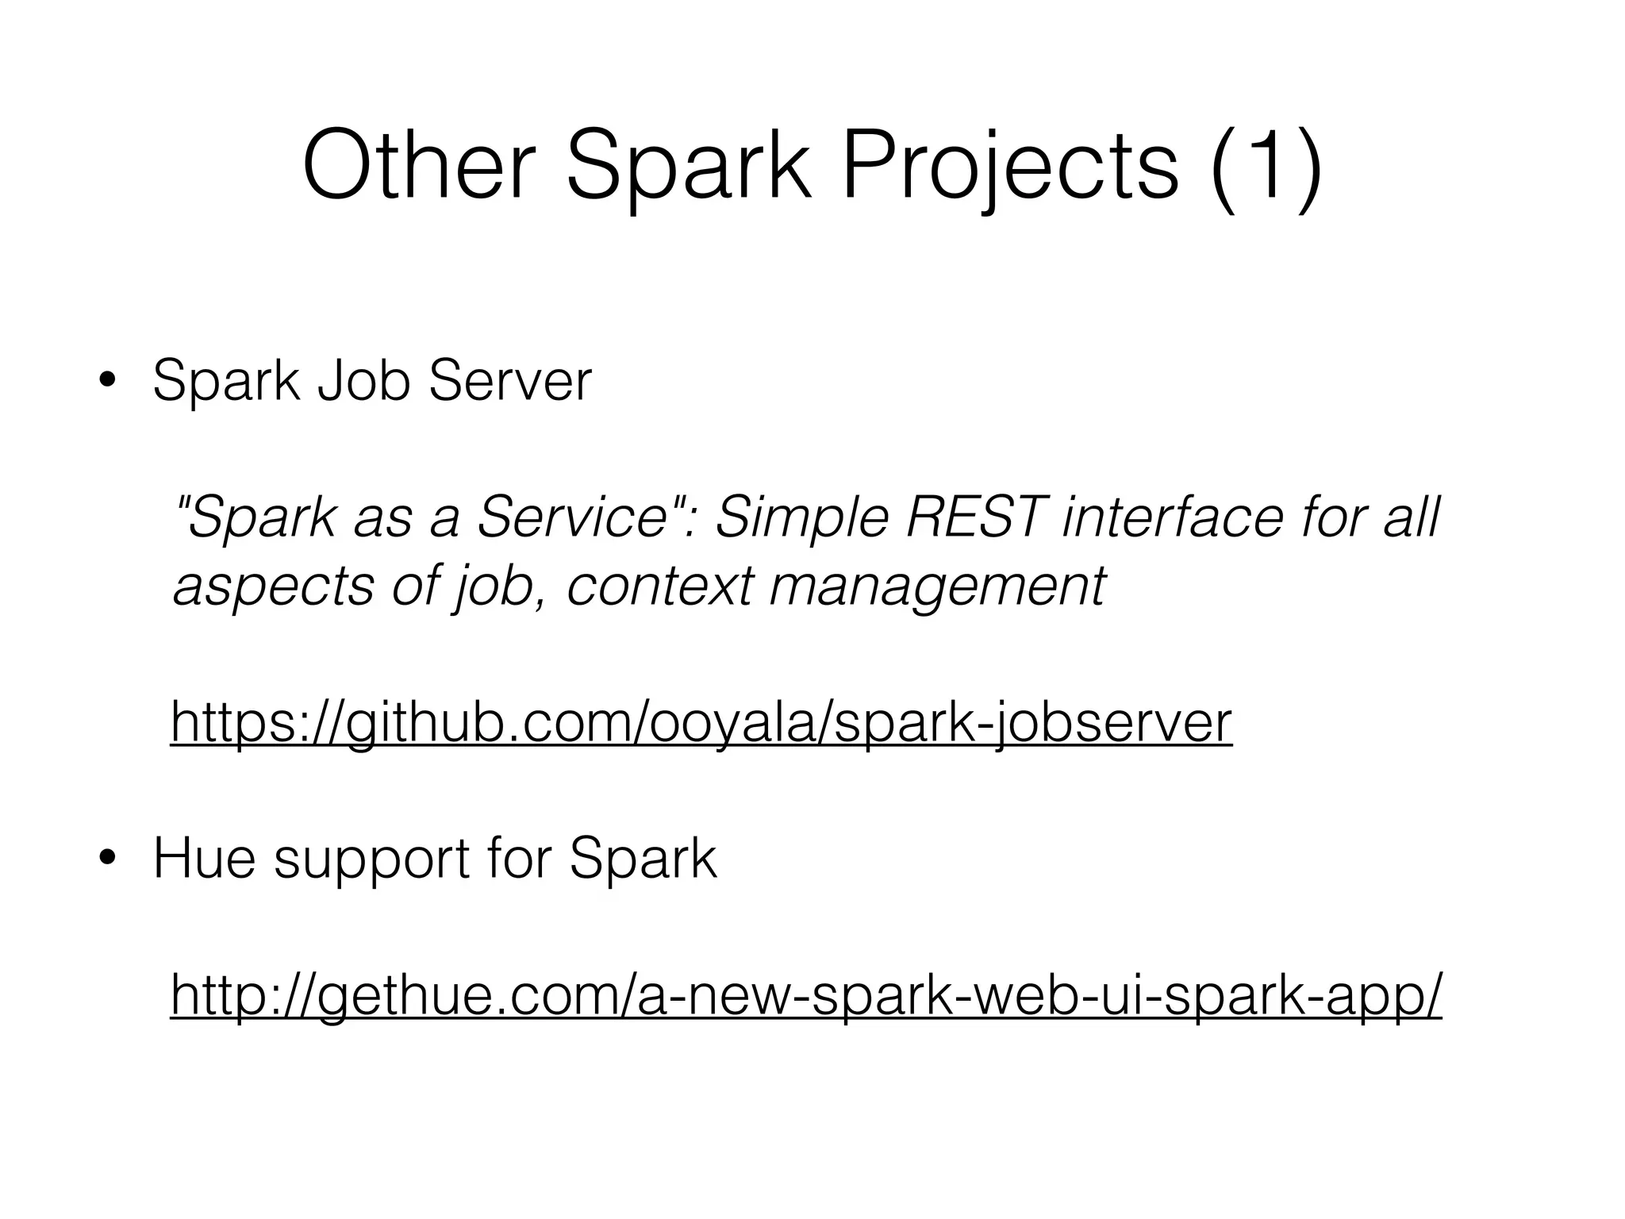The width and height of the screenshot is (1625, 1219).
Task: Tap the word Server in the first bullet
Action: tap(509, 382)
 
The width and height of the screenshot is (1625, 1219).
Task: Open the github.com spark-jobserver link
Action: tap(701, 722)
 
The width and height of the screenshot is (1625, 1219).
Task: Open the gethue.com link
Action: tap(805, 995)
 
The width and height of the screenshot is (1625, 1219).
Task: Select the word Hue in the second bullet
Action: tap(204, 859)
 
